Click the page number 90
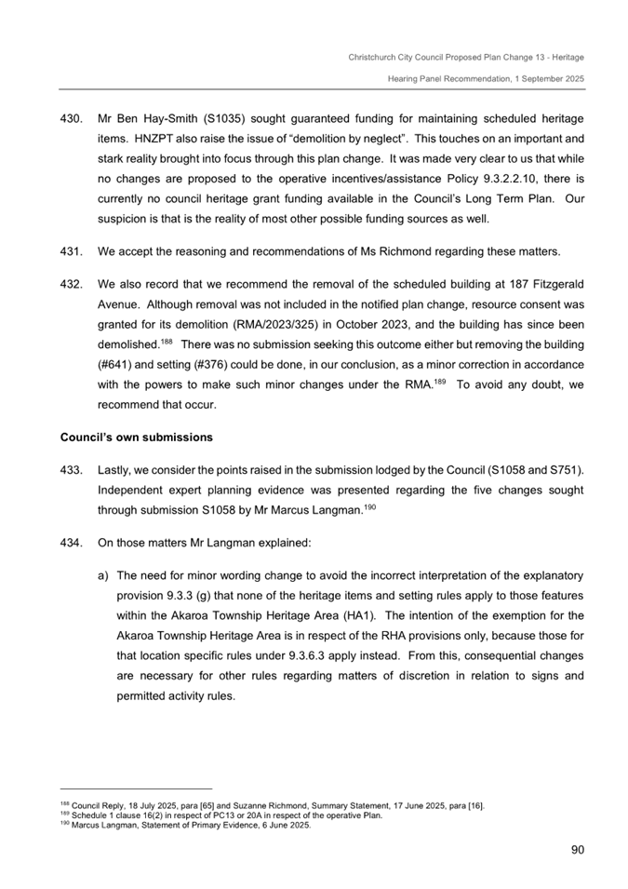click(x=575, y=848)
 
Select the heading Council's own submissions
click(x=137, y=437)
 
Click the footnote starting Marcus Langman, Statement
click(x=186, y=825)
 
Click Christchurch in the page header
click(x=374, y=57)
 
